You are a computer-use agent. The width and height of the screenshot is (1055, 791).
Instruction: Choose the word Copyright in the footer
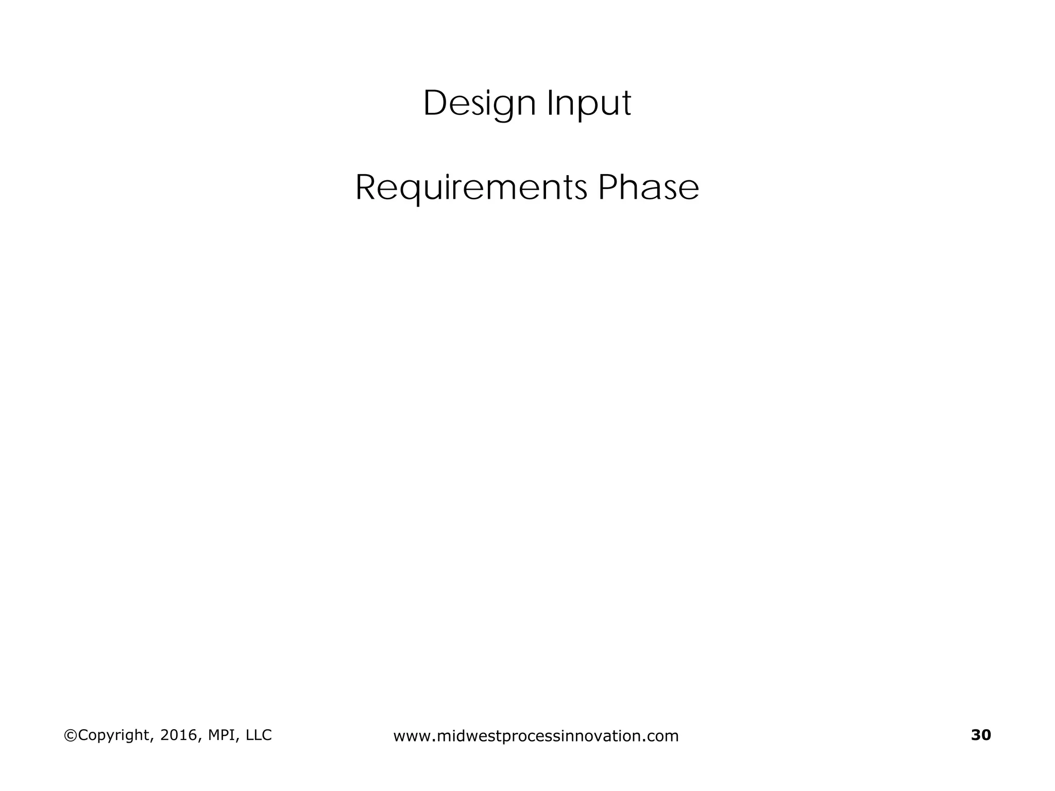click(113, 735)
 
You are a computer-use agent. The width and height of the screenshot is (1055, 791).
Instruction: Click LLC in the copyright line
click(259, 735)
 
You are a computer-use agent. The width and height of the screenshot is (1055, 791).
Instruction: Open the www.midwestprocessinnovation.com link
click(536, 736)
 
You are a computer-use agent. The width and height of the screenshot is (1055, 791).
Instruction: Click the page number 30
click(981, 735)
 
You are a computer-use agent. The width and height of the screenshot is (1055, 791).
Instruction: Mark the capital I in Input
click(550, 104)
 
